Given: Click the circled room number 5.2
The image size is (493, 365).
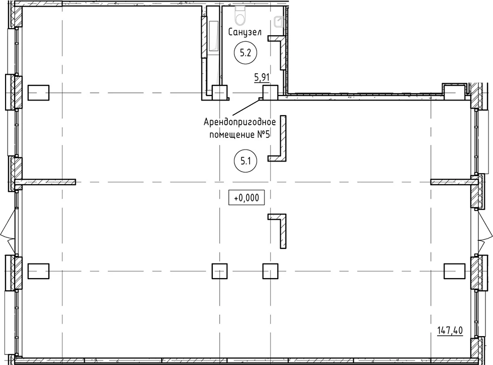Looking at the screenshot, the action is pyautogui.click(x=245, y=53).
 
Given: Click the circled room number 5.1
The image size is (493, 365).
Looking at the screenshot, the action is pyautogui.click(x=245, y=161).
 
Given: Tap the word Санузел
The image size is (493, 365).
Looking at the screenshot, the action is pyautogui.click(x=245, y=32).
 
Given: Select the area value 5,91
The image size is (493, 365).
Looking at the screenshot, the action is pyautogui.click(x=262, y=77).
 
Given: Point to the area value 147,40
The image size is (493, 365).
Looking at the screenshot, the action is pyautogui.click(x=450, y=330).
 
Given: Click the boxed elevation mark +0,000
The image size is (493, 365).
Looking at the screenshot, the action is pyautogui.click(x=246, y=198).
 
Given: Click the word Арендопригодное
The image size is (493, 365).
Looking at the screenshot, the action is pyautogui.click(x=239, y=122).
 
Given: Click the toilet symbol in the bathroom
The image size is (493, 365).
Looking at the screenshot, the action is pyautogui.click(x=241, y=15).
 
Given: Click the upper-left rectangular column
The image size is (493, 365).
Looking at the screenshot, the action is pyautogui.click(x=38, y=93).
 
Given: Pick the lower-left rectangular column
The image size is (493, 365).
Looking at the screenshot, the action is pyautogui.click(x=38, y=271).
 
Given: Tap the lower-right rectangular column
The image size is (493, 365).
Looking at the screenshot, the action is pyautogui.click(x=454, y=271).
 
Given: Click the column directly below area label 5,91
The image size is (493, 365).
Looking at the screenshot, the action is pyautogui.click(x=270, y=93).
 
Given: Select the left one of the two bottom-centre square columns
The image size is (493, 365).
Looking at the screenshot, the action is pyautogui.click(x=219, y=271).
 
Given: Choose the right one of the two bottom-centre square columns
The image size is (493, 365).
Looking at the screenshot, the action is pyautogui.click(x=270, y=271).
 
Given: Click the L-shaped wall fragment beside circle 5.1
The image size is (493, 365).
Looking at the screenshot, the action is pyautogui.click(x=283, y=138).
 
